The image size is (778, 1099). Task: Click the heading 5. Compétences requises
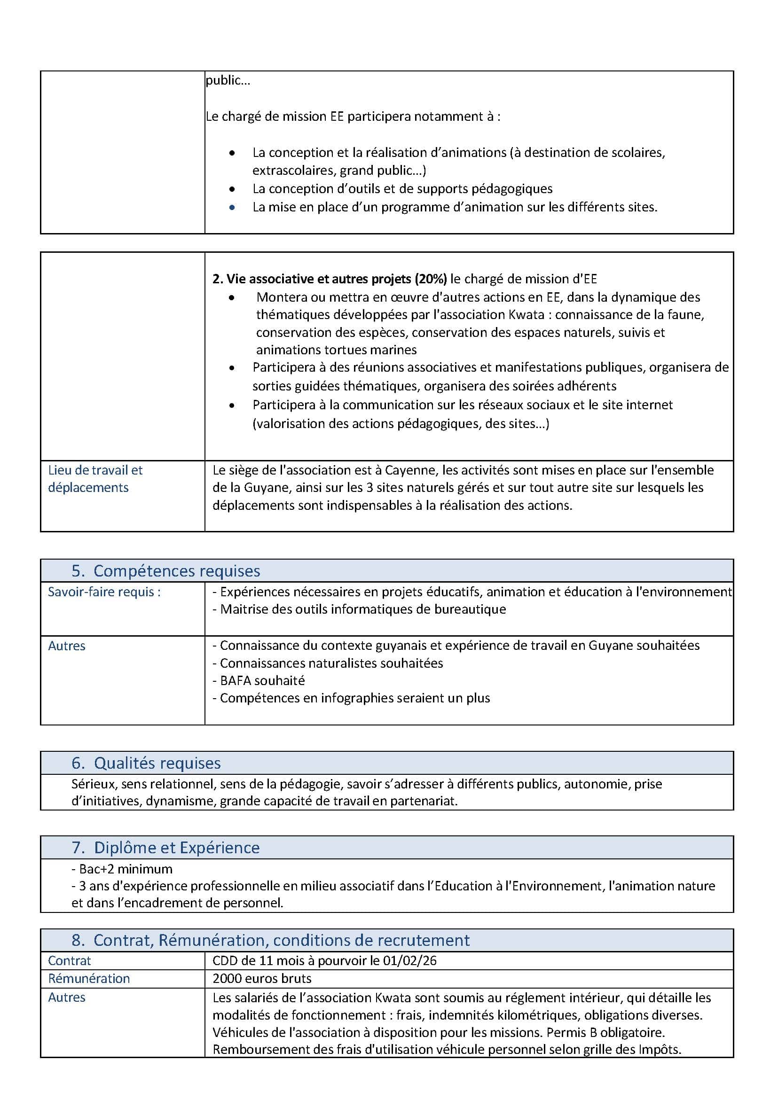click(x=165, y=571)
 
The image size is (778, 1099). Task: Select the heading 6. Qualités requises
click(x=146, y=763)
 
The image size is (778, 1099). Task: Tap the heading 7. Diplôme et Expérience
click(x=165, y=848)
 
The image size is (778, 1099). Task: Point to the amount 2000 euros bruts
click(x=261, y=978)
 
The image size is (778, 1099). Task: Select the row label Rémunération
click(x=89, y=978)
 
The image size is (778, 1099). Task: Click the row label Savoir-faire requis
click(x=104, y=592)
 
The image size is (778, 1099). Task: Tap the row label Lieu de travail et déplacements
click(x=95, y=479)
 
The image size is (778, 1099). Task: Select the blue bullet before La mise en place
click(x=232, y=207)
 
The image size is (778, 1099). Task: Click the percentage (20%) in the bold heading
click(x=431, y=279)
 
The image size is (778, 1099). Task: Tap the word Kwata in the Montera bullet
click(x=529, y=315)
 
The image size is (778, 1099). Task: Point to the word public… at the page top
click(x=228, y=80)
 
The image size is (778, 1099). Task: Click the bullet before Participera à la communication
click(x=232, y=405)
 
